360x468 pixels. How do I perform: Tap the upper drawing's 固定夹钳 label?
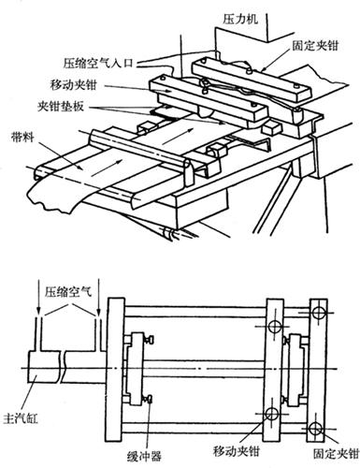pos(315,46)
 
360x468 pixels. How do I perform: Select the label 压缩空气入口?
pos(98,64)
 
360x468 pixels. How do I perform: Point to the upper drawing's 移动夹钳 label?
pos(74,85)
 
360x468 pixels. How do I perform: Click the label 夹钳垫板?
pos(61,107)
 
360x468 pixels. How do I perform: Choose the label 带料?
pos(22,137)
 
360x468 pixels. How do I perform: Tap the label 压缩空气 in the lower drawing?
pos(68,292)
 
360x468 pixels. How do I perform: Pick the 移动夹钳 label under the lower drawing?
pos(237,451)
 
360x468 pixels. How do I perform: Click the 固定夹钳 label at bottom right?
pos(336,453)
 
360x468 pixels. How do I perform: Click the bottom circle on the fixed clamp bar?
pos(315,429)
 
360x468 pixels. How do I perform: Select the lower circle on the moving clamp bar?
pos(271,414)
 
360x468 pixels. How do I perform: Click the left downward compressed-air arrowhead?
pos(38,313)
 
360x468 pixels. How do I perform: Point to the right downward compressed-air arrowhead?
pos(99,313)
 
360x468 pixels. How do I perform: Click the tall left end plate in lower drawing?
pos(116,370)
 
